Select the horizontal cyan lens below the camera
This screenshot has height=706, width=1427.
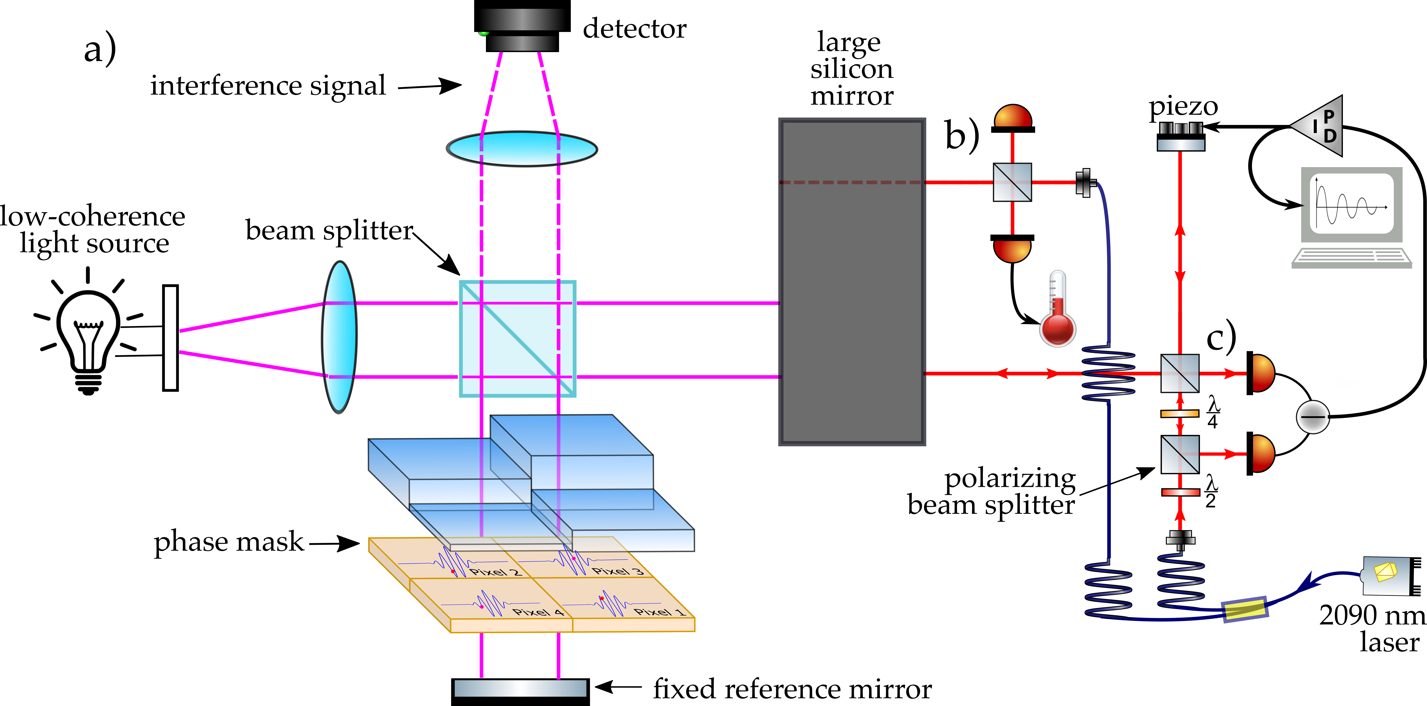(522, 148)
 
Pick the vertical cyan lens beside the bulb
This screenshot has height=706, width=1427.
(339, 336)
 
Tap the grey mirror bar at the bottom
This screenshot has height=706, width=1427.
(520, 688)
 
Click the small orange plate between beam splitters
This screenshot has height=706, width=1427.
(1180, 413)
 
